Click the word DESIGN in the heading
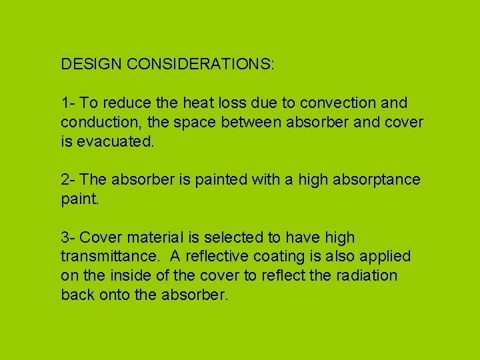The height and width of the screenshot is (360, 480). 91,65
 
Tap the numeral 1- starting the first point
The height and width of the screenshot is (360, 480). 68,103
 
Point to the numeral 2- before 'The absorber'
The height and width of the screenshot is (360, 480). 68,180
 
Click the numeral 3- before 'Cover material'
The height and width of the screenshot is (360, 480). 68,237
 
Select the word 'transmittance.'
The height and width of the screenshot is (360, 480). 111,257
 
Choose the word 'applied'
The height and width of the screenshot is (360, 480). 387,257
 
